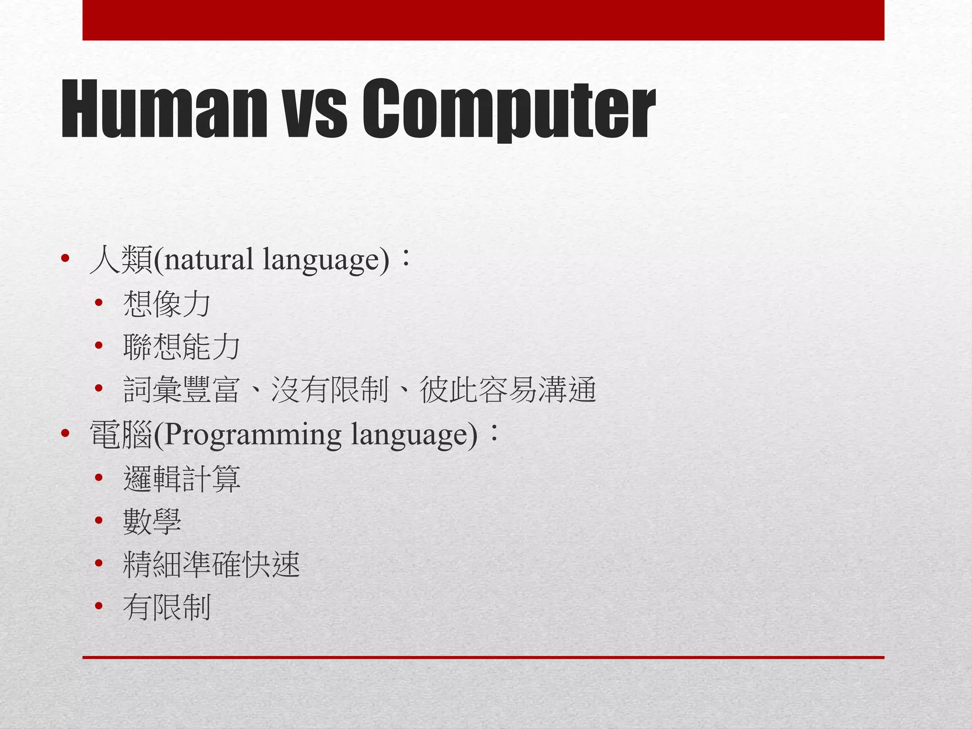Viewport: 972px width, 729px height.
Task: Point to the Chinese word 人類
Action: (121, 260)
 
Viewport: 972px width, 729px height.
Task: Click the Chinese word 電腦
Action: (121, 435)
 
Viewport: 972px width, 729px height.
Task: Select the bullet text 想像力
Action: (167, 304)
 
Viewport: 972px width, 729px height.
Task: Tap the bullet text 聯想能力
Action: (181, 347)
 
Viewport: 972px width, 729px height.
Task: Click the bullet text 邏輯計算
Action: (181, 478)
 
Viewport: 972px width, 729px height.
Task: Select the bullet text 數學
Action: (152, 522)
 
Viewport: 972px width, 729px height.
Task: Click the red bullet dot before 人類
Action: (65, 259)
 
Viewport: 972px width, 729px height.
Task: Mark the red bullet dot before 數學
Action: (99, 521)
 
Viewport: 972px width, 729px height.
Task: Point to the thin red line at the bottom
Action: (483, 657)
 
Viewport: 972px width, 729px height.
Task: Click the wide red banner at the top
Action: (483, 20)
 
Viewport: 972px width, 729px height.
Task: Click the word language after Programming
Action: (414, 435)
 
